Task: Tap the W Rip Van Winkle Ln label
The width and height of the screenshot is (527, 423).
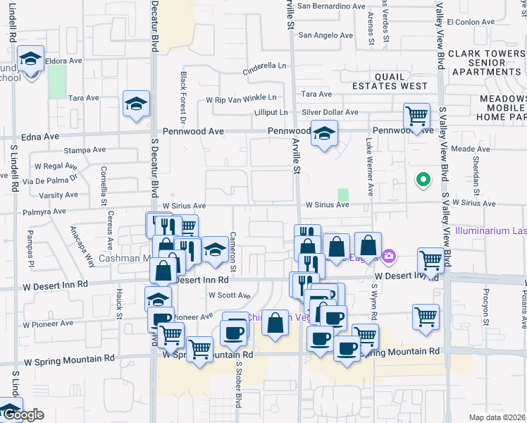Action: pyautogui.click(x=241, y=99)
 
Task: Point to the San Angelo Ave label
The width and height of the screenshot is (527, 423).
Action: pyautogui.click(x=325, y=35)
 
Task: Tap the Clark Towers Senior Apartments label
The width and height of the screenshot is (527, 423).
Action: pyautogui.click(x=486, y=63)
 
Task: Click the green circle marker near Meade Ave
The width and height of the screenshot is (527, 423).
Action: pyautogui.click(x=423, y=180)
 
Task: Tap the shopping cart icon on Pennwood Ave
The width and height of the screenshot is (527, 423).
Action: pyautogui.click(x=416, y=116)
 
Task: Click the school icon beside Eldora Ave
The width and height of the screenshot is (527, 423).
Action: pyautogui.click(x=30, y=59)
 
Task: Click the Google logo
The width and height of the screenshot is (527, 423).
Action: pyautogui.click(x=23, y=415)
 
